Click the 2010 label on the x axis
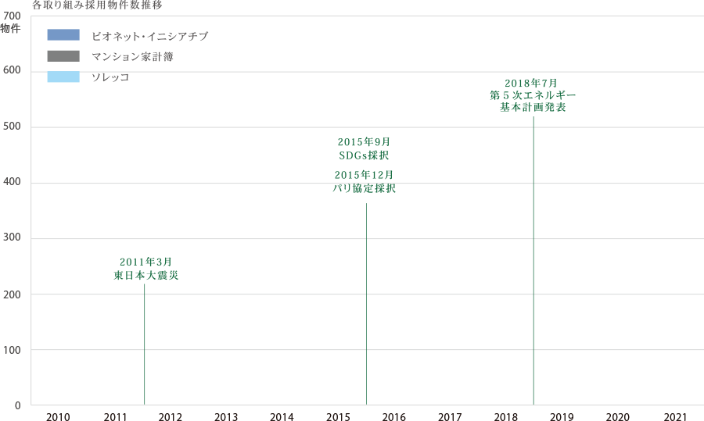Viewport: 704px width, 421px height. (x=59, y=416)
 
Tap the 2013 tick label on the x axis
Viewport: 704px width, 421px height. (x=226, y=416)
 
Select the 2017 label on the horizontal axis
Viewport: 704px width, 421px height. (x=450, y=416)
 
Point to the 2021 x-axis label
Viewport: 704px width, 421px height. (x=673, y=416)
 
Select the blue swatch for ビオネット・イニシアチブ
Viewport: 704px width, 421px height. (x=63, y=35)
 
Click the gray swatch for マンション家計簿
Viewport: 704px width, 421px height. (x=63, y=56)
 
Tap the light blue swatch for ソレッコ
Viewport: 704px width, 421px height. (x=63, y=77)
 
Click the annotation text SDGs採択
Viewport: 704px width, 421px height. (x=364, y=155)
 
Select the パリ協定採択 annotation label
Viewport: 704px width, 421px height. (x=364, y=188)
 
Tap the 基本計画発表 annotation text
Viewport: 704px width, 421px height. (x=533, y=108)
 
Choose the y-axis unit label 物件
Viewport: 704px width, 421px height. (x=11, y=29)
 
